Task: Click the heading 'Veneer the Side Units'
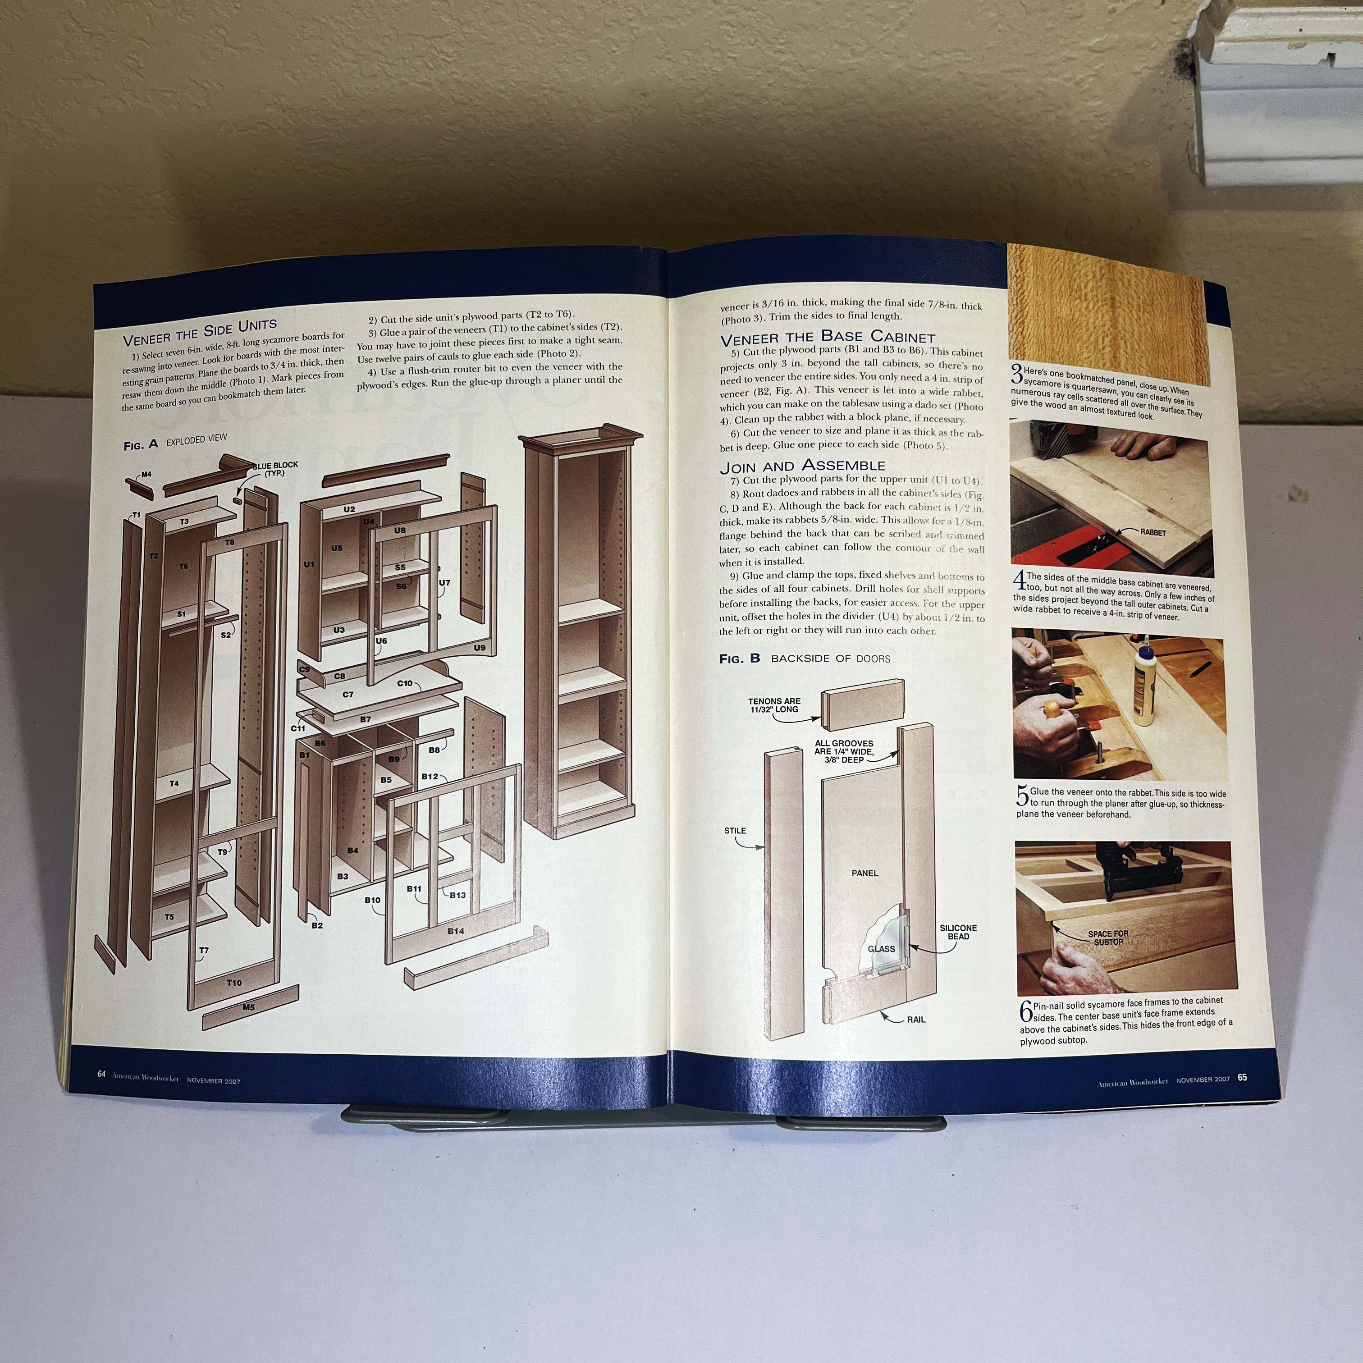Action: pyautogui.click(x=200, y=333)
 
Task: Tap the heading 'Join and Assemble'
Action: pyautogui.click(x=803, y=466)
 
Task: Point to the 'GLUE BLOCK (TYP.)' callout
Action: pyautogui.click(x=275, y=469)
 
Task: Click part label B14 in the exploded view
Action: pyautogui.click(x=456, y=931)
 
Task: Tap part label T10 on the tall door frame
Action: pyautogui.click(x=234, y=983)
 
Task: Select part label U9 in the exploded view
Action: pyautogui.click(x=480, y=648)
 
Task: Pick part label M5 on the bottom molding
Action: pyautogui.click(x=248, y=1007)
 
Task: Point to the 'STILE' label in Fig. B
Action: pyautogui.click(x=735, y=830)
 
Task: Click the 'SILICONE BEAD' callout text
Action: pyautogui.click(x=958, y=932)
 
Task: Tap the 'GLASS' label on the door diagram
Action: pyautogui.click(x=881, y=949)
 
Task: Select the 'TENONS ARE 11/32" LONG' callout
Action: pyautogui.click(x=775, y=705)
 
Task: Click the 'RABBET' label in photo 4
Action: pyautogui.click(x=1153, y=533)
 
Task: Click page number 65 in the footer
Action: pyautogui.click(x=1242, y=1077)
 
